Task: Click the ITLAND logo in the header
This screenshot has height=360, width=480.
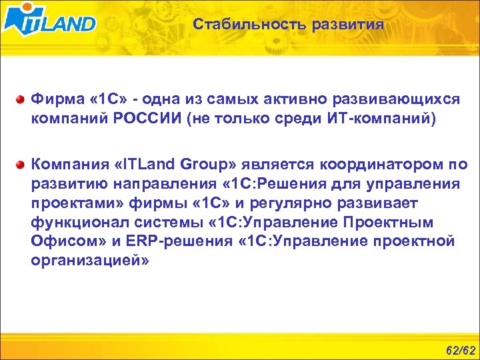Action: (x=49, y=20)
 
